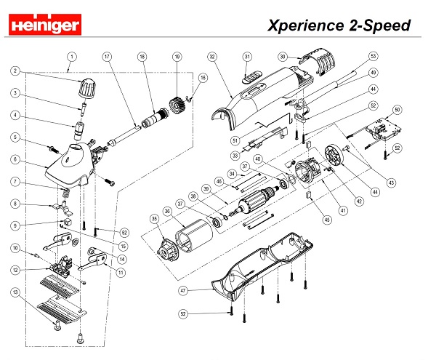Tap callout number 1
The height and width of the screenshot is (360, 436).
tap(72, 55)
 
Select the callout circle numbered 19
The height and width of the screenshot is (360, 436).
tap(177, 57)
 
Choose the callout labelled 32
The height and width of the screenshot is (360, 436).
tap(212, 56)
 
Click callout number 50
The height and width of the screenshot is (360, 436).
tap(397, 109)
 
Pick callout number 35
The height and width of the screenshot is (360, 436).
tap(154, 217)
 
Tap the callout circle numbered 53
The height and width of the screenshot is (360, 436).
tap(374, 55)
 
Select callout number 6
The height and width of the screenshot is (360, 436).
tap(14, 159)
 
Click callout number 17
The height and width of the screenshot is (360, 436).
tap(107, 57)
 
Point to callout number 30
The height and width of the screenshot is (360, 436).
tap(283, 56)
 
